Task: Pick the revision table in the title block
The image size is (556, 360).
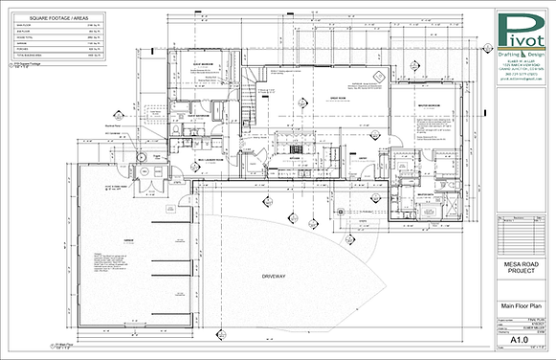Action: pos(522,229)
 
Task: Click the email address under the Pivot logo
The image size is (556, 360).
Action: pos(522,83)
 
